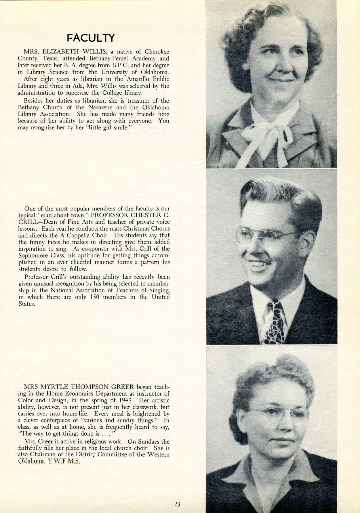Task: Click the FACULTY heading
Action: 91,38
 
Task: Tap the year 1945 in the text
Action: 126,400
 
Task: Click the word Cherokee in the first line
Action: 157,52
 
